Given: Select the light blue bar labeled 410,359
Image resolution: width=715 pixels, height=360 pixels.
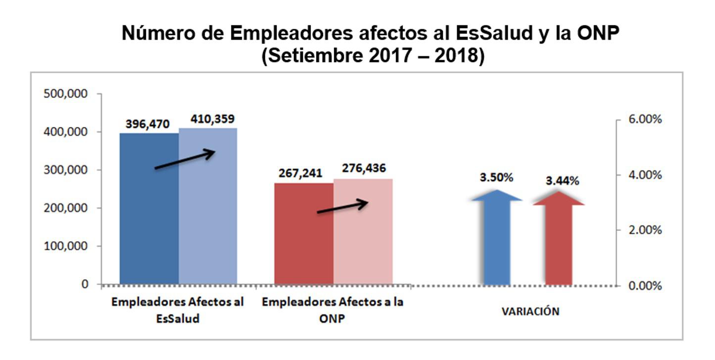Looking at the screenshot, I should (x=208, y=232).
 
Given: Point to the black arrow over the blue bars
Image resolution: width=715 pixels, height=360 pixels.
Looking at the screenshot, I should (x=185, y=160).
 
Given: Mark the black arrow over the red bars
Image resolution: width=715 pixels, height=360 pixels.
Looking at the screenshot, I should (x=343, y=207).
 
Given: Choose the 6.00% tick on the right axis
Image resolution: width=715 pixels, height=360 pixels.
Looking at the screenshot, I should (x=642, y=120).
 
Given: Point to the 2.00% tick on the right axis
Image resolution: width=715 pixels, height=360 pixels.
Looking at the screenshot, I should (x=642, y=230).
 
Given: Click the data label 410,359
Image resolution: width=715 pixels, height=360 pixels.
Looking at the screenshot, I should (x=213, y=119).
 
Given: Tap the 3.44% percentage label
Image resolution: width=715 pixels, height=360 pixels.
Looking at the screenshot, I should (x=562, y=181).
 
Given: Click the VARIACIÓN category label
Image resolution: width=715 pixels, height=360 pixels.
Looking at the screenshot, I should (x=530, y=312).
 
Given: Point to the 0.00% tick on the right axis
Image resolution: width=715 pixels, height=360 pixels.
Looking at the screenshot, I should (x=642, y=286).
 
